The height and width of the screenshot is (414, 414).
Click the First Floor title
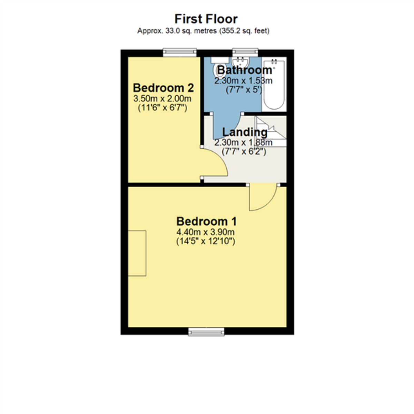pos(206,19)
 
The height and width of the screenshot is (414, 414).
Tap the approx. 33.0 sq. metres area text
pos(203,31)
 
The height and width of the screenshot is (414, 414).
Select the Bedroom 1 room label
pos(206,221)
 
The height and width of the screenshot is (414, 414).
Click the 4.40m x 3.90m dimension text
pos(206,232)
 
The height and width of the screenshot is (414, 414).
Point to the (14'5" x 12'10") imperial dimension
pos(206,241)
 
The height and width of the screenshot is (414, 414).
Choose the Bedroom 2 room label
pos(163,88)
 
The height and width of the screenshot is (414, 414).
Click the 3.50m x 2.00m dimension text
pos(162,99)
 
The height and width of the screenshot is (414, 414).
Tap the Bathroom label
pos(245,70)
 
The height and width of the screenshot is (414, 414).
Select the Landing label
pos(245,132)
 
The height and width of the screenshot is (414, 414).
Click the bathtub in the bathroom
pos(274,85)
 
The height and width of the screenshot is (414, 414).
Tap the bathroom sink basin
pos(240,62)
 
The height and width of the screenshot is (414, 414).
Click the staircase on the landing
pos(271,131)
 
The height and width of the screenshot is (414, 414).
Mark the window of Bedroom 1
pos(206,332)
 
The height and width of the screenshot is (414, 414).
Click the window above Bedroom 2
pos(180,52)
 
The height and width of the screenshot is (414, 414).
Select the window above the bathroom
pos(245,52)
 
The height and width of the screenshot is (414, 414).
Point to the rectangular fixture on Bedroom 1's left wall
pos(137,253)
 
